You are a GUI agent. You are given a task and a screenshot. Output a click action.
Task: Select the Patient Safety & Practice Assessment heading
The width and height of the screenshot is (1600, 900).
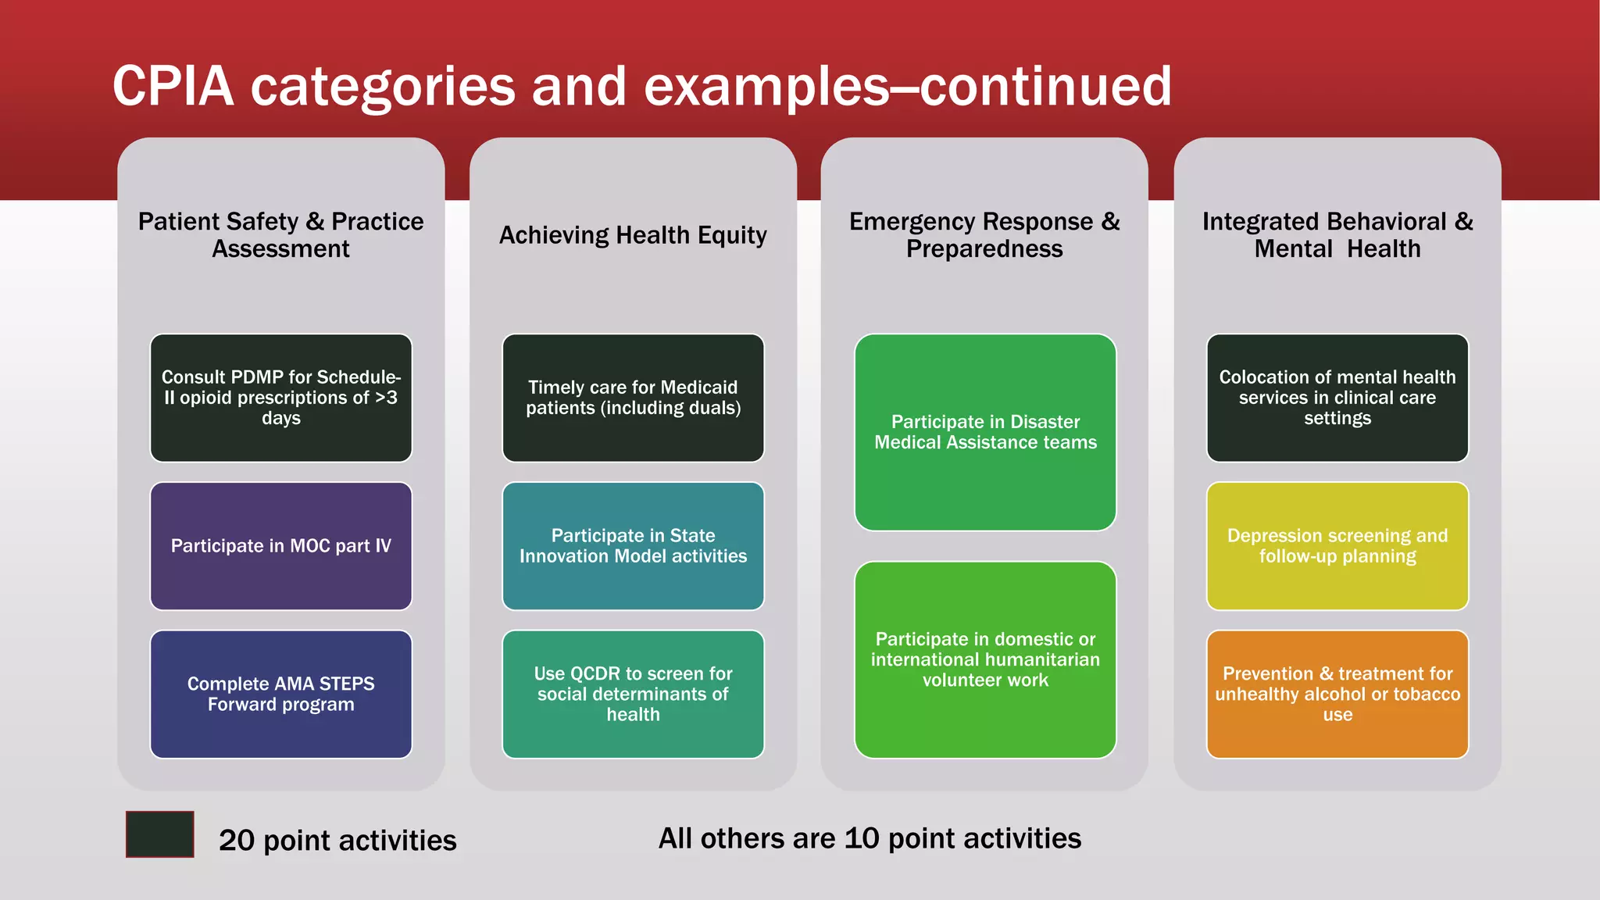(x=280, y=234)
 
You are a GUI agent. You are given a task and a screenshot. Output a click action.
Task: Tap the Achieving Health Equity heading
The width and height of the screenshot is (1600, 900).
(x=633, y=235)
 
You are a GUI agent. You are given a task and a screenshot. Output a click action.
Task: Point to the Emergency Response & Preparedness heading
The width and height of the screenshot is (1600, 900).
(x=984, y=234)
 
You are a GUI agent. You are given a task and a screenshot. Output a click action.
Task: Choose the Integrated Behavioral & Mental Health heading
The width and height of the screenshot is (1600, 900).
(x=1337, y=234)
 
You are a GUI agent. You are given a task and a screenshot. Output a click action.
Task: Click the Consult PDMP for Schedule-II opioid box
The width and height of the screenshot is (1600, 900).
(x=280, y=398)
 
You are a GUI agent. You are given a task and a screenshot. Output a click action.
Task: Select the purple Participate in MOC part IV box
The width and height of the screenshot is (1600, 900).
(x=280, y=545)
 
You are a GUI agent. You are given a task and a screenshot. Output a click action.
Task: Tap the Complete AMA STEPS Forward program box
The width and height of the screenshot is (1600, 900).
(x=280, y=694)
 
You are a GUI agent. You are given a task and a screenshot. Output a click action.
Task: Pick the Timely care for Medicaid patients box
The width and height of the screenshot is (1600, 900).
(x=633, y=398)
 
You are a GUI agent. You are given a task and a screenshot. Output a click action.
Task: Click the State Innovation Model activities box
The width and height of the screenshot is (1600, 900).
(x=633, y=545)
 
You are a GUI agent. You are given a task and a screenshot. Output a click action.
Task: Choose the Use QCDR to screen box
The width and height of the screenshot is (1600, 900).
(x=633, y=694)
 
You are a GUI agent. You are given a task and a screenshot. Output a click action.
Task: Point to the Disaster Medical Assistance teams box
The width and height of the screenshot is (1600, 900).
(x=985, y=432)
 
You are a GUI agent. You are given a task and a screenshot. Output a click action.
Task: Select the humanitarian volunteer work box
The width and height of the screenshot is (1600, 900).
(x=985, y=659)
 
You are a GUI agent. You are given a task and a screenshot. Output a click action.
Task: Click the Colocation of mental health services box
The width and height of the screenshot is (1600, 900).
(x=1337, y=398)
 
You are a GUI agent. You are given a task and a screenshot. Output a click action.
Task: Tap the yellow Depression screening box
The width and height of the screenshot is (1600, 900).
(x=1337, y=545)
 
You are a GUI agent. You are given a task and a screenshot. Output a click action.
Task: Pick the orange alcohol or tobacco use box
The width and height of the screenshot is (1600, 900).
(x=1337, y=694)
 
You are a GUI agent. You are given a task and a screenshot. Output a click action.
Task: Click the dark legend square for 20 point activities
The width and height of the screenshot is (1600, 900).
(x=160, y=834)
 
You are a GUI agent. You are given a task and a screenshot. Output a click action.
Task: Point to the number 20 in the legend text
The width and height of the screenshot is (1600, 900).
(x=237, y=841)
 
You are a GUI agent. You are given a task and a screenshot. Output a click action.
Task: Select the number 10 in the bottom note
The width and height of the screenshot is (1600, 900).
(x=862, y=838)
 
